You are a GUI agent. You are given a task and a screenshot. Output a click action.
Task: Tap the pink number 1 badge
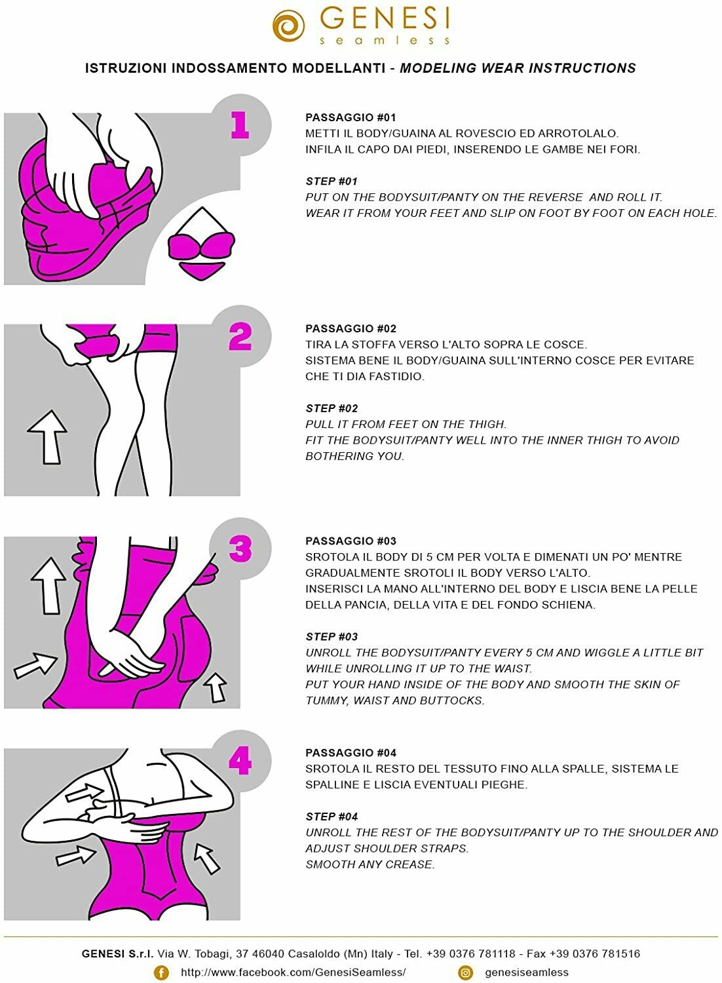point(240,125)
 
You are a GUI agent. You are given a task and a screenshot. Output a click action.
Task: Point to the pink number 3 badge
point(240,549)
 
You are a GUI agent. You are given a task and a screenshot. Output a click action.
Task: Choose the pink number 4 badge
point(240,761)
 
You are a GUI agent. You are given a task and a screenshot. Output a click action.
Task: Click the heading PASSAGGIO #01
point(351,118)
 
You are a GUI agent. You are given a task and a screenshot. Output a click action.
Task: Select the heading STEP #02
point(332,408)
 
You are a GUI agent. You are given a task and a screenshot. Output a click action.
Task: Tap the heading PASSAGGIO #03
point(351,541)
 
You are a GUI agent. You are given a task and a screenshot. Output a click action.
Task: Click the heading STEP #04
point(332,817)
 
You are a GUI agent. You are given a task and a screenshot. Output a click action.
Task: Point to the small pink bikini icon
point(201,246)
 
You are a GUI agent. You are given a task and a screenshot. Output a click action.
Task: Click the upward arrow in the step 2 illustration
point(48,436)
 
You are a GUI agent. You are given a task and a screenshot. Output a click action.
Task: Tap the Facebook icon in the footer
point(161,973)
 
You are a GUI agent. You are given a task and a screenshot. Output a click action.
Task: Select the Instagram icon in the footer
point(465,973)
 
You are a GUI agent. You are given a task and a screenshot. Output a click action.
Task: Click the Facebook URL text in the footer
point(293,973)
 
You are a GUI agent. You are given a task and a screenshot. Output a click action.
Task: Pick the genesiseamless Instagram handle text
point(527,973)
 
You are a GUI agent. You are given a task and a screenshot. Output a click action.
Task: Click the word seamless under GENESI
point(385,41)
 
